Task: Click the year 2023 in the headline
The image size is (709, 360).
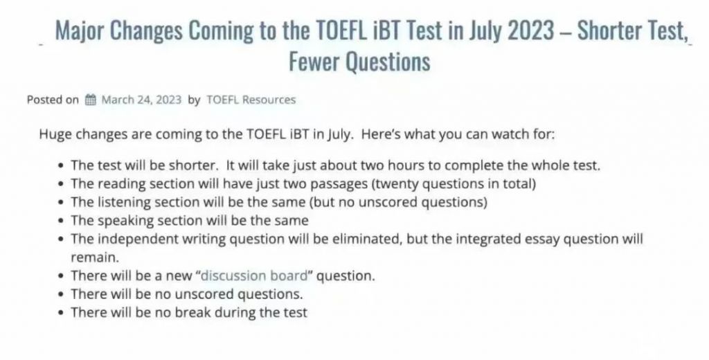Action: click(x=530, y=30)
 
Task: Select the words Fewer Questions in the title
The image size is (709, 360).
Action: click(x=359, y=61)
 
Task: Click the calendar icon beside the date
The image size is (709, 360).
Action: click(x=91, y=100)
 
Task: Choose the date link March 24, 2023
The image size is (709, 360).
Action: click(x=141, y=100)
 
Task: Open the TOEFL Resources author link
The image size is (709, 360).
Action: click(x=251, y=100)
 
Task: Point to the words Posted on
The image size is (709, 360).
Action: click(x=53, y=100)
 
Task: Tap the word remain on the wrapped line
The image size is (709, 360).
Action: click(x=93, y=258)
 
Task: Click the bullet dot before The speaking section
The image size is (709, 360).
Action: click(x=62, y=221)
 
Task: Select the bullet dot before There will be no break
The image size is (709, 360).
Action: click(x=62, y=313)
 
